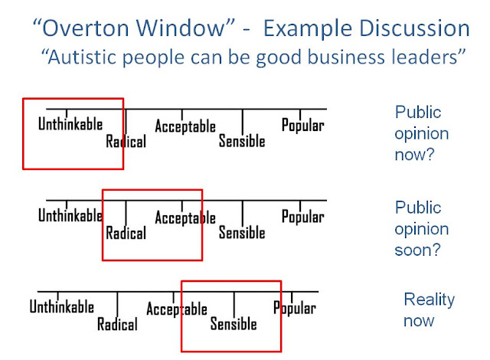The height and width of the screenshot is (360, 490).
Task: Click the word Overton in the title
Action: tap(86, 28)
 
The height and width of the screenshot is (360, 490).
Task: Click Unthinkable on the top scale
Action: tap(70, 124)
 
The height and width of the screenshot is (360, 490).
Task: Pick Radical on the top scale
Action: tap(126, 141)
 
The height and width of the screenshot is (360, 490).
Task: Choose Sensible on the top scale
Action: tap(242, 141)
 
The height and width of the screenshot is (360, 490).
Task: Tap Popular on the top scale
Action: tap(302, 126)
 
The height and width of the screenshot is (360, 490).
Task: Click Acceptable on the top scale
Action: tap(185, 126)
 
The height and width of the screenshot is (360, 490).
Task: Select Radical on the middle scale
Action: tap(126, 233)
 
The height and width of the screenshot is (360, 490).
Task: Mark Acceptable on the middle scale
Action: tap(185, 218)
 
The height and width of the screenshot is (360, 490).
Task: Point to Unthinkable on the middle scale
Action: tap(70, 215)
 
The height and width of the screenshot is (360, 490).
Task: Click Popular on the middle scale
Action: tap(302, 217)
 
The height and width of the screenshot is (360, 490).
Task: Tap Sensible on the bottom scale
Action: tap(234, 324)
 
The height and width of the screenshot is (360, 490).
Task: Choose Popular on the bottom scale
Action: tap(294, 309)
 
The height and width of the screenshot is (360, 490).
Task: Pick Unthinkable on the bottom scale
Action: tap(61, 306)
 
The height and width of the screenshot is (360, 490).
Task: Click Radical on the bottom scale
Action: tap(117, 324)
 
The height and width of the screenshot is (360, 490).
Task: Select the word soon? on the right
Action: tap(417, 250)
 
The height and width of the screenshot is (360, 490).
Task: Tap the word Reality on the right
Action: tap(429, 300)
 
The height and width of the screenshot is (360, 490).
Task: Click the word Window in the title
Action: tap(181, 28)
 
